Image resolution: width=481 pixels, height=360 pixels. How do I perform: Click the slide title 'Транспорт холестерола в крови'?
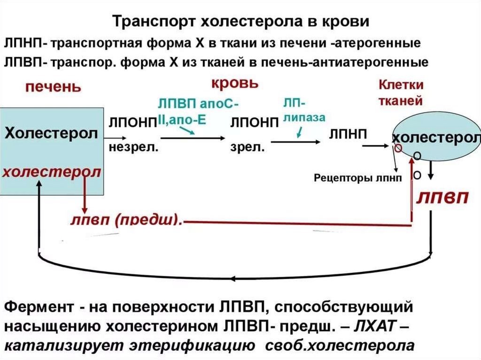pos(240,22)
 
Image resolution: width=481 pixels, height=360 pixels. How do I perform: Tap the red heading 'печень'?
pos(53,87)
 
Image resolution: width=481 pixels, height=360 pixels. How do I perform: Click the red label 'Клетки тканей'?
pos(401,92)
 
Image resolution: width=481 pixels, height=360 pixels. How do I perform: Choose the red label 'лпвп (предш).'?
pos(126,219)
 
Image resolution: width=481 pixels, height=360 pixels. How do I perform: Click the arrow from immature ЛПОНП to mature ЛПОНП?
pos(193,138)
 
